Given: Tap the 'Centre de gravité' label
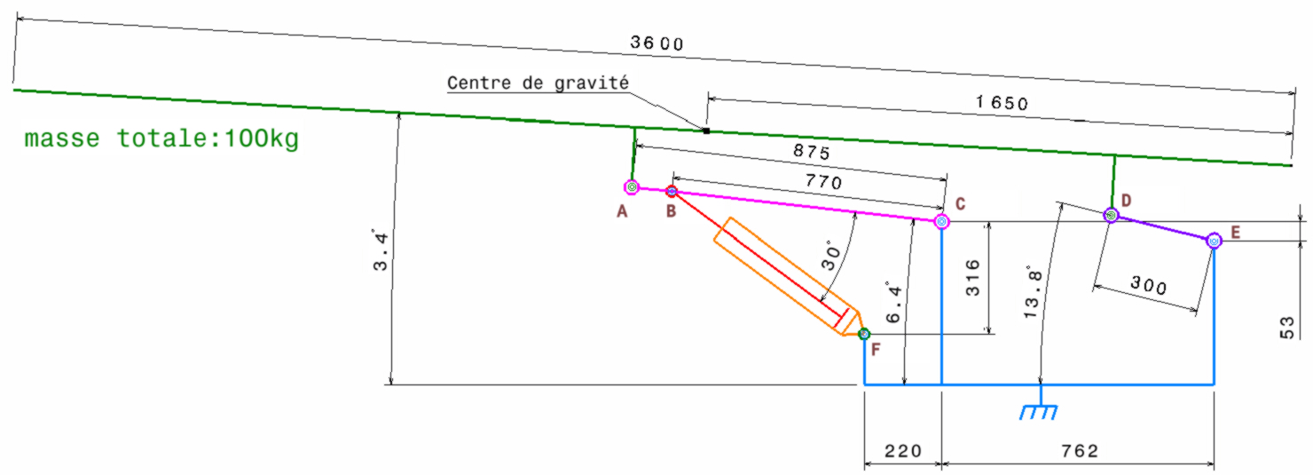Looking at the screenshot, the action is (x=538, y=83).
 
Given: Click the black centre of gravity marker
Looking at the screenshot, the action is (x=705, y=131).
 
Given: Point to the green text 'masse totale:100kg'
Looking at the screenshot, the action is (x=161, y=140).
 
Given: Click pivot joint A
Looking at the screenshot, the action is (x=631, y=187).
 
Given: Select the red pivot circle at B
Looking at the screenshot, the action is (x=672, y=191).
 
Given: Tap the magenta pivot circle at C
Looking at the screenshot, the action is (x=941, y=222).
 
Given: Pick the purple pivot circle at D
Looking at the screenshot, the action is (x=1110, y=215).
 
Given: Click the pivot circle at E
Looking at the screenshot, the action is (x=1214, y=241).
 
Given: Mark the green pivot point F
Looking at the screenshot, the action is (x=864, y=334).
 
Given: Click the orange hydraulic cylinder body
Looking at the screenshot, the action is (x=785, y=275).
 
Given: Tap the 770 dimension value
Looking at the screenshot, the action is (x=821, y=183).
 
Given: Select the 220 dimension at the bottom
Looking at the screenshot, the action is (x=901, y=451).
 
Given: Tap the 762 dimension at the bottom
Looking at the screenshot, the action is (x=1080, y=451).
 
